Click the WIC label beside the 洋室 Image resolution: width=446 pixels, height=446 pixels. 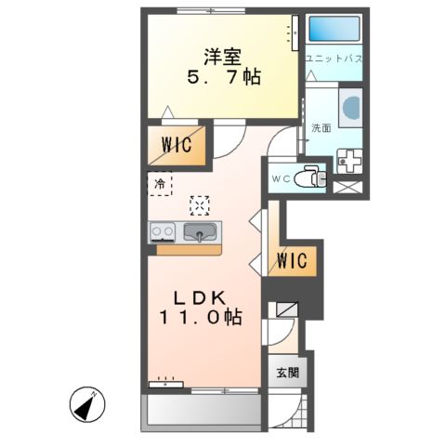click(x=174, y=147)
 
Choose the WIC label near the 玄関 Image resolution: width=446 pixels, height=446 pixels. click(x=292, y=260)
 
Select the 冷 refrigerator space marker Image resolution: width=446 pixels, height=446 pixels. click(x=159, y=184)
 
